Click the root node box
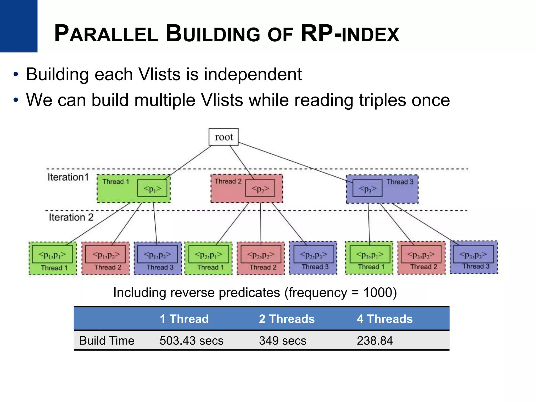(224, 137)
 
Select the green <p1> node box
(152, 188)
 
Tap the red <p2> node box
(260, 188)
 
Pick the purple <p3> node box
(367, 188)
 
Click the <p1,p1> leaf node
(52, 255)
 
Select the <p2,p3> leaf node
(314, 255)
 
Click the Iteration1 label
(68, 177)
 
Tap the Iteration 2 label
(71, 217)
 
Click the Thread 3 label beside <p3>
(400, 182)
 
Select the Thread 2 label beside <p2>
(228, 181)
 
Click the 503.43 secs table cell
(192, 341)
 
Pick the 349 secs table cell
(283, 341)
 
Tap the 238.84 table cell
(375, 341)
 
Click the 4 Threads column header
(385, 319)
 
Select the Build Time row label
(107, 341)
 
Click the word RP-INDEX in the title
(350, 34)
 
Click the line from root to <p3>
(293, 161)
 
